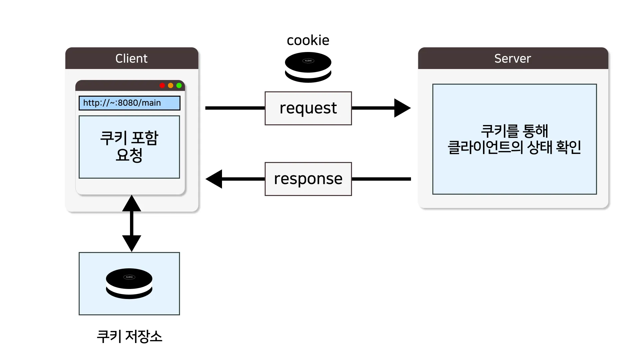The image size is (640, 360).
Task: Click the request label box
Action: (x=308, y=108)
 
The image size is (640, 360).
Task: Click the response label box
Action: (x=308, y=179)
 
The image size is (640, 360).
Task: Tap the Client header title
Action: (x=131, y=59)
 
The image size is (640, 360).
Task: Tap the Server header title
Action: (x=512, y=59)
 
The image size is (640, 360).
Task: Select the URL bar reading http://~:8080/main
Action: (x=129, y=103)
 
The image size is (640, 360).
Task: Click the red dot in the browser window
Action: (x=162, y=86)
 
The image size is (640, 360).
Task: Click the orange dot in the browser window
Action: (x=171, y=86)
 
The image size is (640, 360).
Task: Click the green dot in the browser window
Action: (x=179, y=86)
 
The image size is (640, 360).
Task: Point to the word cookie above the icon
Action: (x=308, y=40)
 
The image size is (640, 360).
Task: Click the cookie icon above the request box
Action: (x=308, y=67)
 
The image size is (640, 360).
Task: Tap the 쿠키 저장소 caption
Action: (x=129, y=336)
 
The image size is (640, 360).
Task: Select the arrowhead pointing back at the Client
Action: (x=214, y=179)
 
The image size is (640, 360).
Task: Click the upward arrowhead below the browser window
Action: (x=132, y=204)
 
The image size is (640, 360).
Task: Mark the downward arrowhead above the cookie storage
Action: (x=132, y=243)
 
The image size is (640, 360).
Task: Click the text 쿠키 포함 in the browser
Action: (x=129, y=138)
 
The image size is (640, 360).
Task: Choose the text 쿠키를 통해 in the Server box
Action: (x=514, y=131)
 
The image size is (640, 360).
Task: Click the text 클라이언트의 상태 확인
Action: (x=514, y=147)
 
